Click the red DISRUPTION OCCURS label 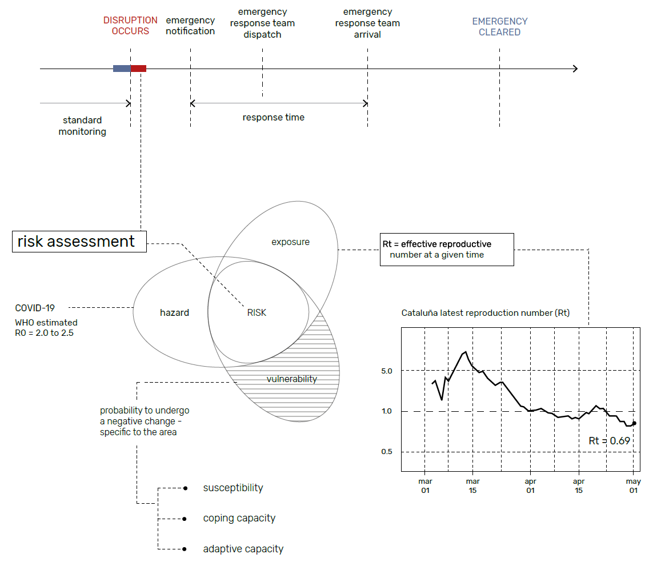tap(130, 26)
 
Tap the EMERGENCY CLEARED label tap(499, 27)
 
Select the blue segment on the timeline tap(122, 69)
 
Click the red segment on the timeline tap(139, 69)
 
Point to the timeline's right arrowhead tap(575, 69)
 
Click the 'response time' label tap(273, 118)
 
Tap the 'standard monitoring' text tap(82, 126)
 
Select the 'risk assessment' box tap(79, 242)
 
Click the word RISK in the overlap tap(257, 312)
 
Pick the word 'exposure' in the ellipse tap(290, 242)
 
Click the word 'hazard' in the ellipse tap(174, 312)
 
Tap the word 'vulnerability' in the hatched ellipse tap(291, 379)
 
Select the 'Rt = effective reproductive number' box tap(447, 250)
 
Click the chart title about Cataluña tap(485, 313)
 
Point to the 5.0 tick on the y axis tap(387, 371)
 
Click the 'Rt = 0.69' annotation tap(609, 441)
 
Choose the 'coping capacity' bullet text tap(239, 519)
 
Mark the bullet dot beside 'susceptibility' tap(185, 488)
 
